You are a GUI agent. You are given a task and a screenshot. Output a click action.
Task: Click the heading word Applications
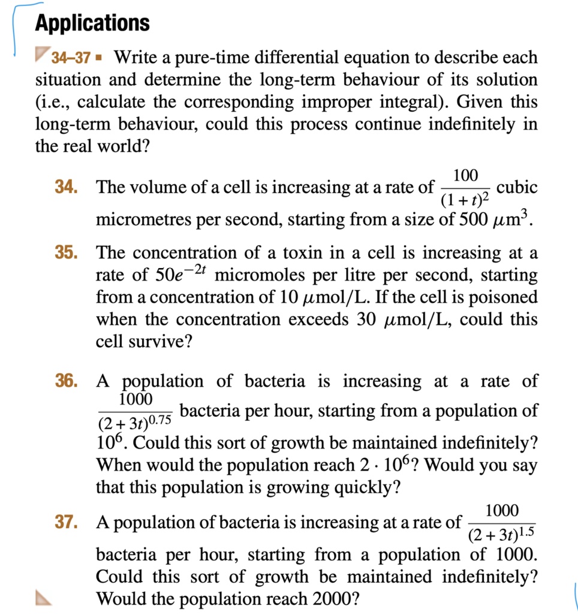(92, 23)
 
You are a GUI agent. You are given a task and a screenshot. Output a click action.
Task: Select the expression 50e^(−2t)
(179, 275)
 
